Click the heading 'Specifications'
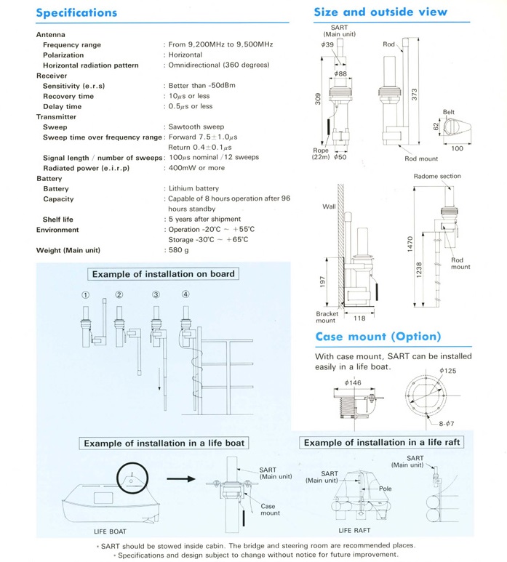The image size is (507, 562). click(76, 12)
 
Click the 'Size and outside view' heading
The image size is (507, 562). click(380, 12)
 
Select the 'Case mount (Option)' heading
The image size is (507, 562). click(378, 337)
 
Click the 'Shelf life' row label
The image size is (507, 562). click(58, 219)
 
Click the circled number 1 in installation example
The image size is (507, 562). click(85, 294)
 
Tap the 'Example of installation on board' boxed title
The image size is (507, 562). click(162, 273)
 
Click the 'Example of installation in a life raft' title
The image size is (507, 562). click(381, 442)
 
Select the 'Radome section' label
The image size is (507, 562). click(436, 176)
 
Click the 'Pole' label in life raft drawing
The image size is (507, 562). click(386, 489)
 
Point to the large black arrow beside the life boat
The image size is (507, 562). click(182, 479)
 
